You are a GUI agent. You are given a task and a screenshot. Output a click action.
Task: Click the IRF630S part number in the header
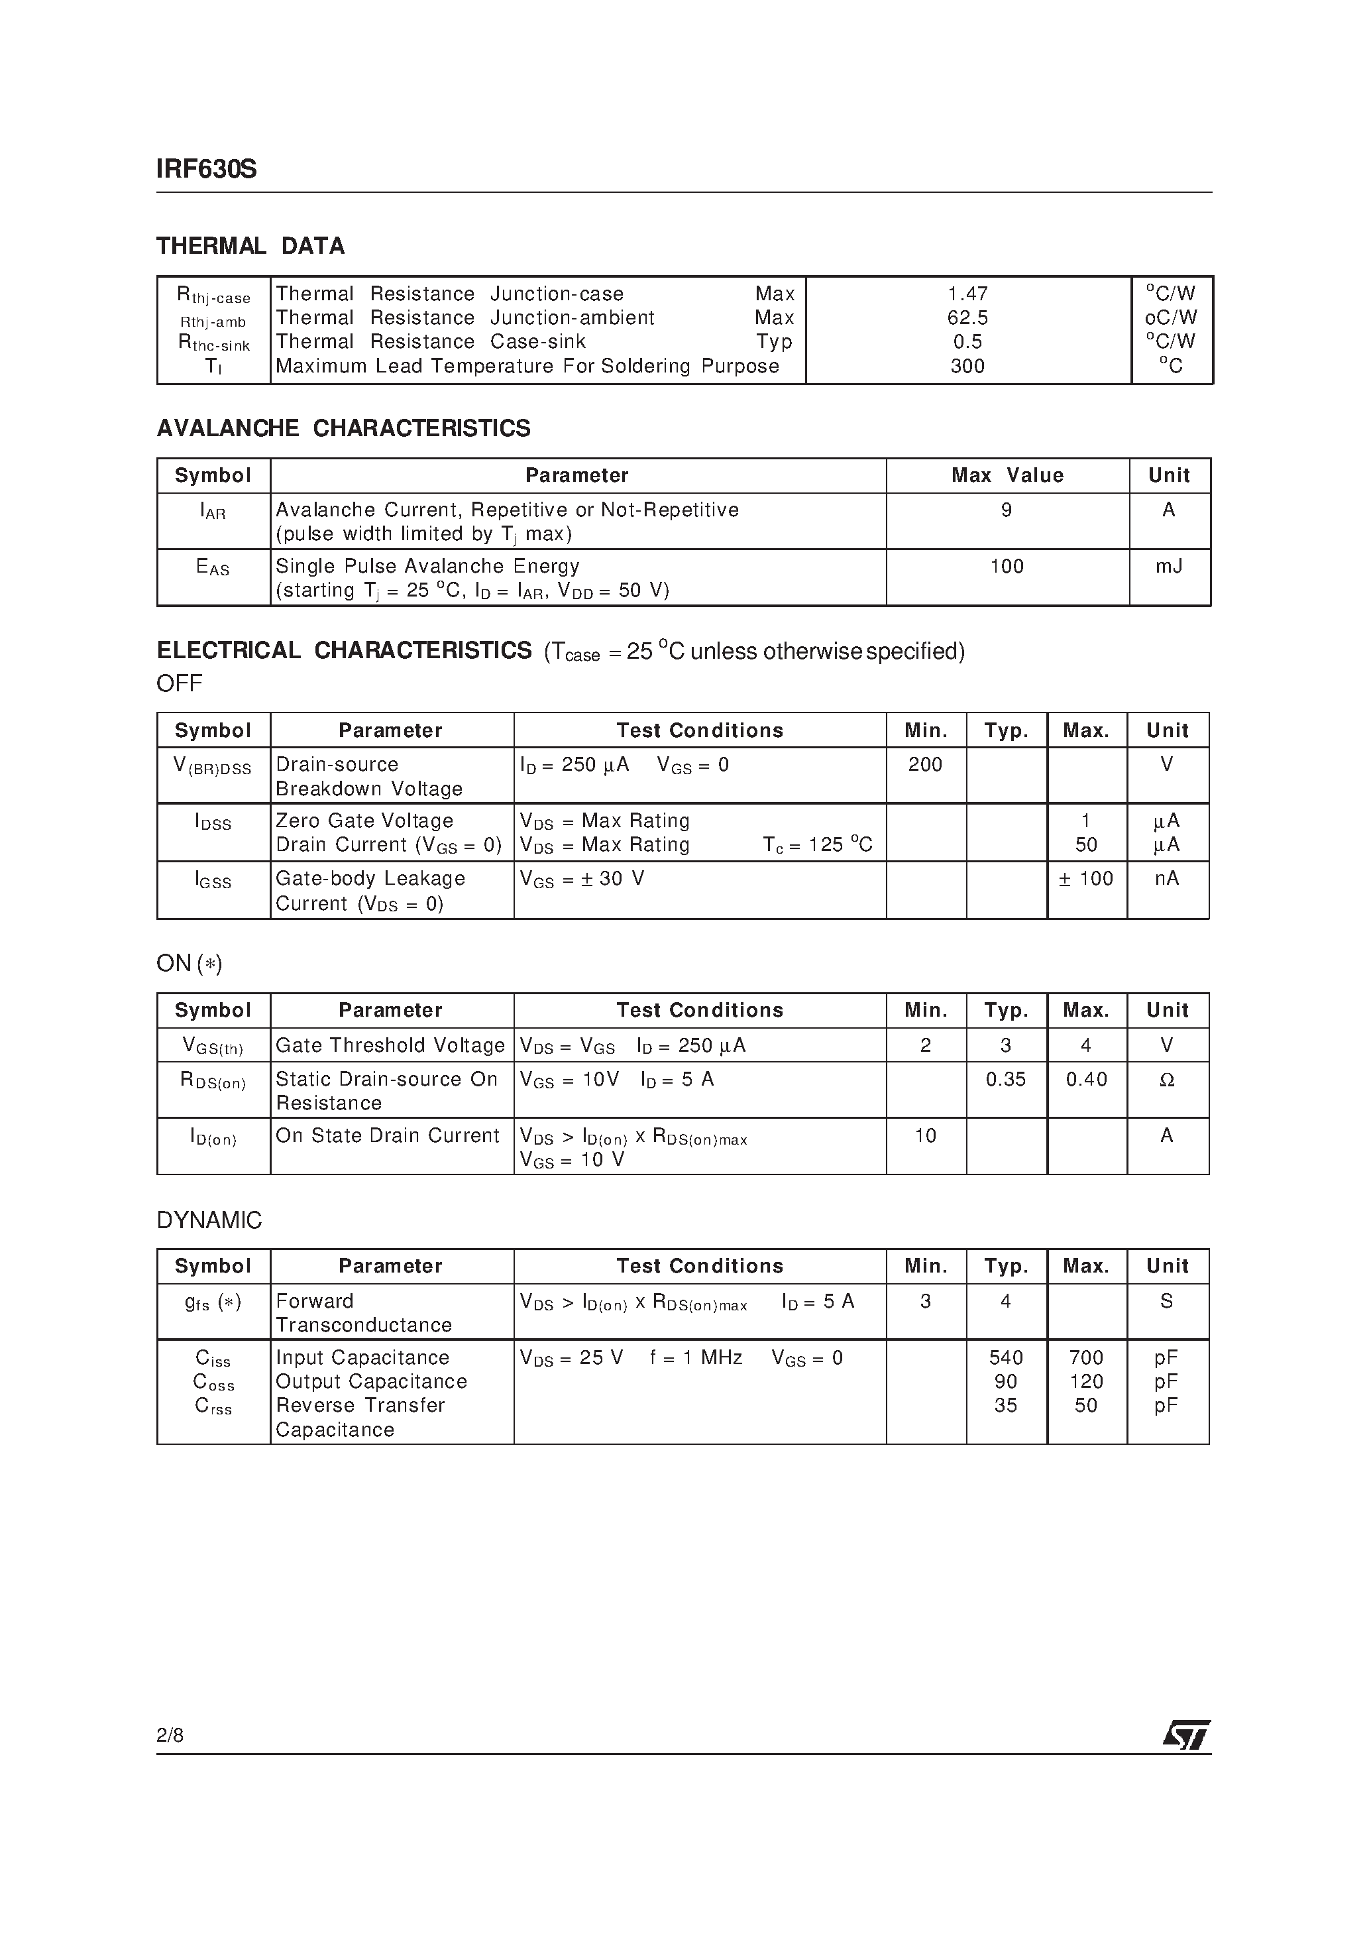pos(206,170)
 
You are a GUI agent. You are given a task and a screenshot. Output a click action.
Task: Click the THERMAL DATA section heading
pos(250,246)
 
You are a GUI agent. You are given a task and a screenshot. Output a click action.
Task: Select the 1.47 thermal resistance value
pos(967,294)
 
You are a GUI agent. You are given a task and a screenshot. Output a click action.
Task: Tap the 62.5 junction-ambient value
pos(967,317)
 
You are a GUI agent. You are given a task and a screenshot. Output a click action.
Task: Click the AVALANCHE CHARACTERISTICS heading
pos(343,428)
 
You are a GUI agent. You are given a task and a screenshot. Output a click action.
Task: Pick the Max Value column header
pos(1007,475)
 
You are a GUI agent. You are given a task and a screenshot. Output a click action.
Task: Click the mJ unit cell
pos(1169,567)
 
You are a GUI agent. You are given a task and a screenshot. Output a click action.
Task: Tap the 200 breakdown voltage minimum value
pos(925,764)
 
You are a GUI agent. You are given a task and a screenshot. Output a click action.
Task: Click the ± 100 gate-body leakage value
pos(1085,879)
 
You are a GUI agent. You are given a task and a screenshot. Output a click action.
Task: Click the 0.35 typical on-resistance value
pos(1005,1079)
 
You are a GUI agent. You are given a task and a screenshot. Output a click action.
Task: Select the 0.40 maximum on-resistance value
pos(1086,1079)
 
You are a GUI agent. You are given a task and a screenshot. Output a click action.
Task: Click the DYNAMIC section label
pos(209,1220)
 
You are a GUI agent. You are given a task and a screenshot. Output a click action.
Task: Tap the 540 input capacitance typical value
pos(1005,1357)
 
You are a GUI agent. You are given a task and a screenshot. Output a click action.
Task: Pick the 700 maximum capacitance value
pos(1085,1357)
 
